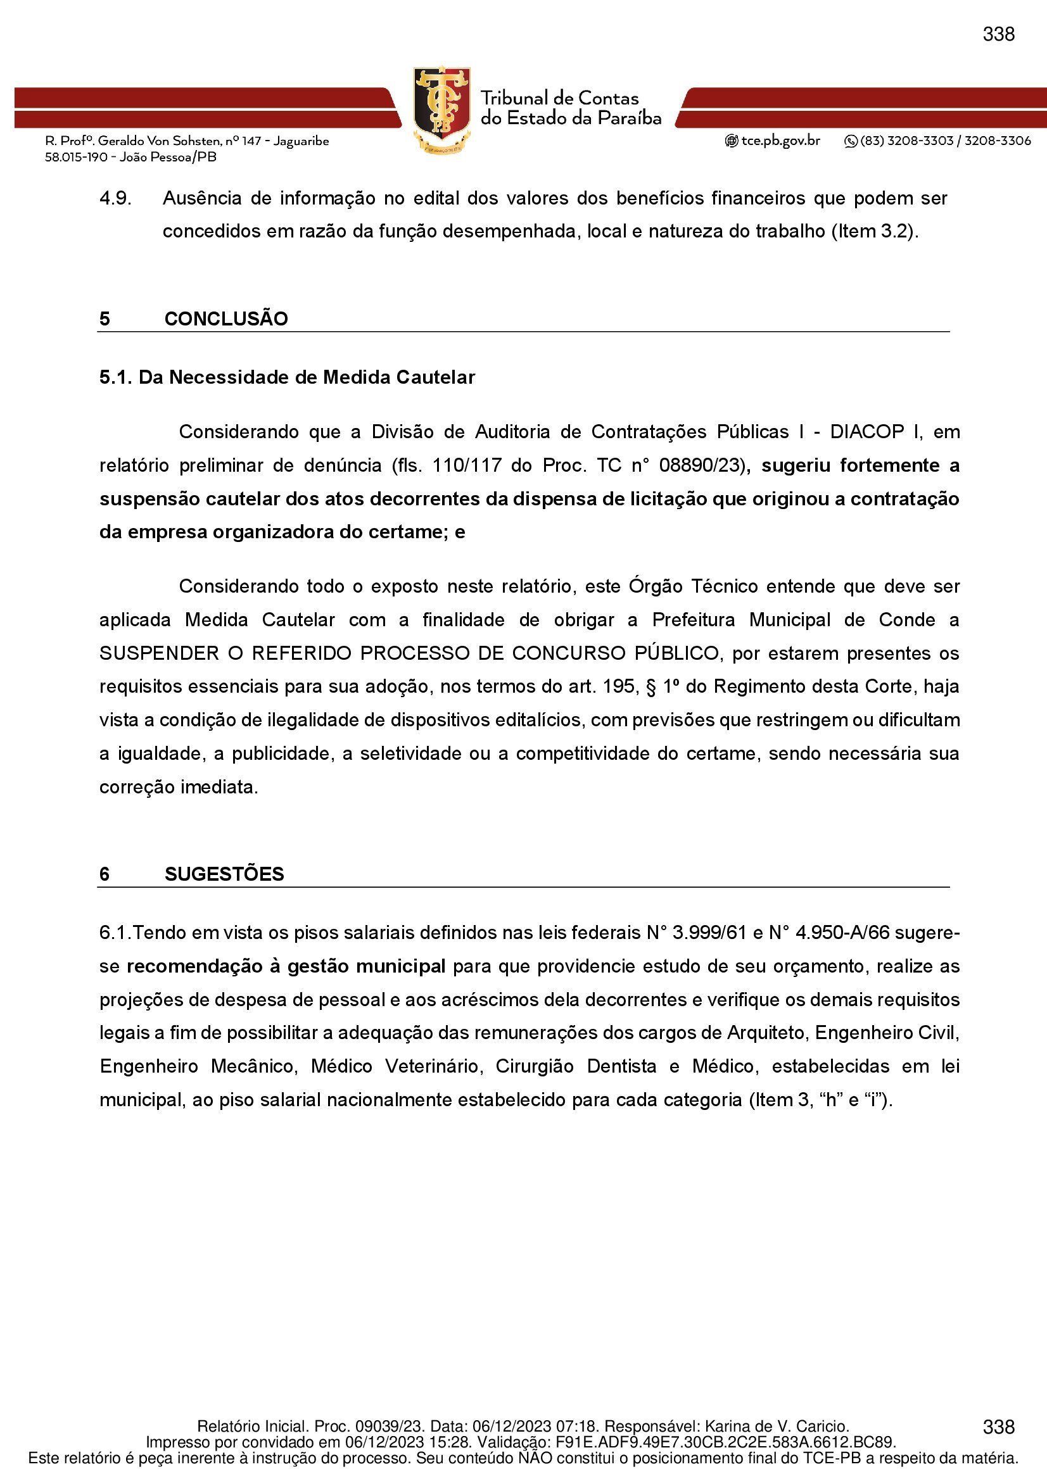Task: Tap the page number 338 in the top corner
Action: point(998,34)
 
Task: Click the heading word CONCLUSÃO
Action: point(225,318)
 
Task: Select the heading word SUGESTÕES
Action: point(224,874)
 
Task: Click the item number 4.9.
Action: point(115,198)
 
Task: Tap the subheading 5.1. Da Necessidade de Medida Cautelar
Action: point(287,377)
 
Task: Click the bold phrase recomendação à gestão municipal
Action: point(286,966)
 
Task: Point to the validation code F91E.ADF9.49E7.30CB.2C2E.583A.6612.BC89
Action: point(725,1442)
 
